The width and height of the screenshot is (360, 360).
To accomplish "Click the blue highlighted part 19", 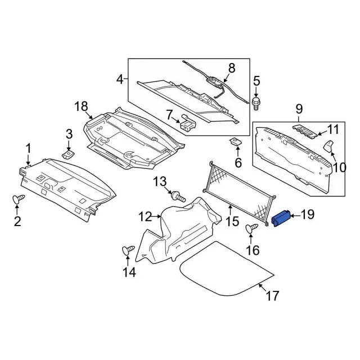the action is (281, 218).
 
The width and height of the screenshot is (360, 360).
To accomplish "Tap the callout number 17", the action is (272, 296).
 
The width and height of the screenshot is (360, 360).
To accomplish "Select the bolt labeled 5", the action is (256, 103).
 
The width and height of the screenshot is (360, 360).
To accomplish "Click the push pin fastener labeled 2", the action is (19, 199).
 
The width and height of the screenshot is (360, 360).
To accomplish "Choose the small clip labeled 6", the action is (236, 141).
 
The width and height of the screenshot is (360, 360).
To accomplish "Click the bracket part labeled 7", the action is (188, 123).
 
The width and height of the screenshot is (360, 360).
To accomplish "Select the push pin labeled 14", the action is (128, 250).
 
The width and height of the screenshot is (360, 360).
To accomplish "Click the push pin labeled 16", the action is (252, 228).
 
